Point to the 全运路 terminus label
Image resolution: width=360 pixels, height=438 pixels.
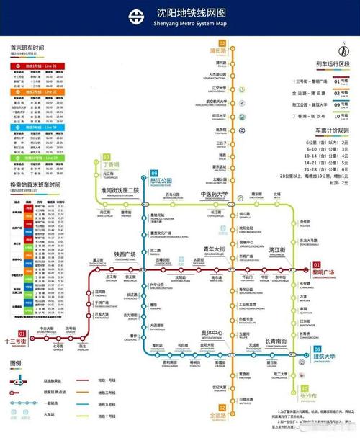click(219, 416)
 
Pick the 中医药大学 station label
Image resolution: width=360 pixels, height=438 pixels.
click(213, 195)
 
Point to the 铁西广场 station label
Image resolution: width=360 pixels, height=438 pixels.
click(126, 254)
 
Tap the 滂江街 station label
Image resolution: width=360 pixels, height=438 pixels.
click(278, 249)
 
